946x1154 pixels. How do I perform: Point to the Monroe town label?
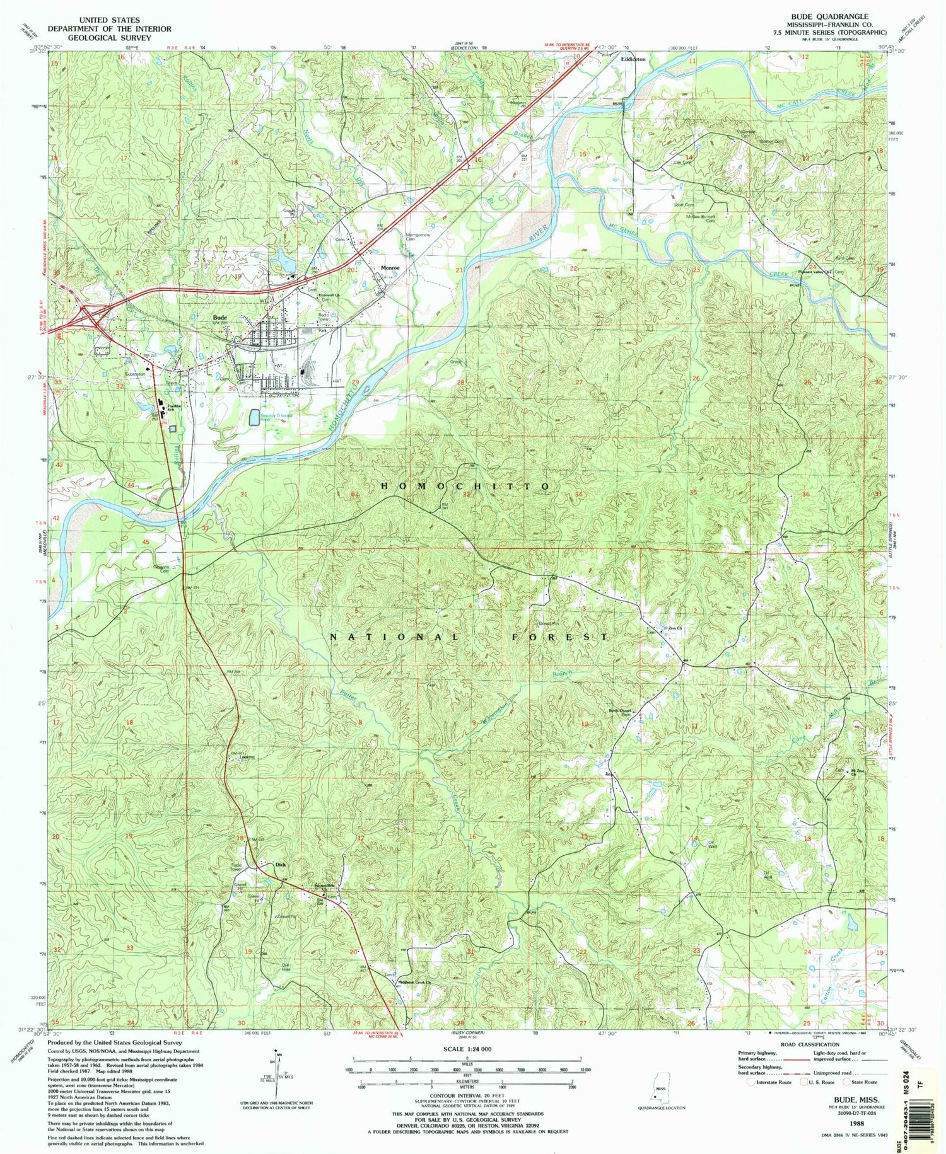pyautogui.click(x=391, y=267)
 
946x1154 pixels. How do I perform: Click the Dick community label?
pyautogui.click(x=281, y=865)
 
